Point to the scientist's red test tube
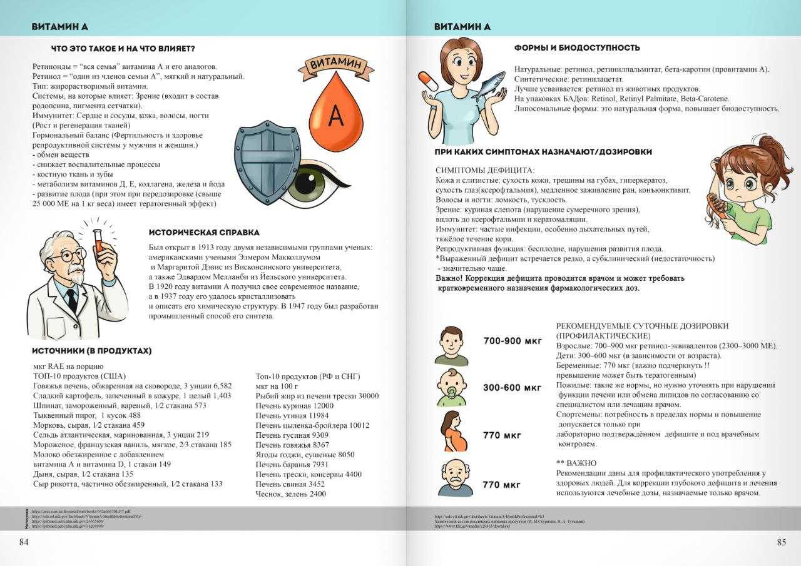98,241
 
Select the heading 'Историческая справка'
204,233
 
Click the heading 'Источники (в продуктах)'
91,351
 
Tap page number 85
781,542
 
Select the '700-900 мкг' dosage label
513,341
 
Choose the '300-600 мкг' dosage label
512,388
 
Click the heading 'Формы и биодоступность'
576,48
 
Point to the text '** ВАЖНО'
576,463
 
